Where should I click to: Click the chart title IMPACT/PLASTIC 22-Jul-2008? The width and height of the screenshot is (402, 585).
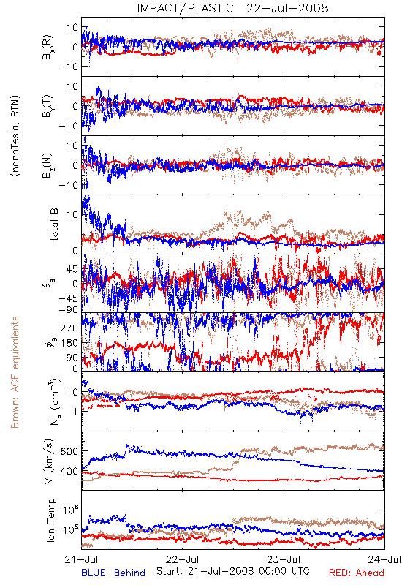(232, 8)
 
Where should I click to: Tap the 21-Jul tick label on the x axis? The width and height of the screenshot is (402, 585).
(82, 559)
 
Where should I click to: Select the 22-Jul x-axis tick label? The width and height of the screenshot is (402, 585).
(182, 559)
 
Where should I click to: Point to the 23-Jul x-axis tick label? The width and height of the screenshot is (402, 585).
(284, 559)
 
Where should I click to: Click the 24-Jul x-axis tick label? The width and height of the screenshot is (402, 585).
(385, 559)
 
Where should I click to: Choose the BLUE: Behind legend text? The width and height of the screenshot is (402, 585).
(113, 573)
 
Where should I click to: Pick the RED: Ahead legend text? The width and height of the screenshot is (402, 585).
(357, 573)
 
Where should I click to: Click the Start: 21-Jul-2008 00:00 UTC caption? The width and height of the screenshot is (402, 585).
(233, 571)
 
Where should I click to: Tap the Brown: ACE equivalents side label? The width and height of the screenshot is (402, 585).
(15, 372)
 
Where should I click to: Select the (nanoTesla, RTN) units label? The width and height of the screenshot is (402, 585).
(15, 136)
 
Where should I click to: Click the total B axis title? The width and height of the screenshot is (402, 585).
(54, 224)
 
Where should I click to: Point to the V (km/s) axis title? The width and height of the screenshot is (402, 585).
(49, 461)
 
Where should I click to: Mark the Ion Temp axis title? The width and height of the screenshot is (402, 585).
(50, 520)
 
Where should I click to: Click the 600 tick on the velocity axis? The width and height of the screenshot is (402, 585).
(69, 451)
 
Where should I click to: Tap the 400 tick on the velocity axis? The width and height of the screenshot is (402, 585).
(69, 471)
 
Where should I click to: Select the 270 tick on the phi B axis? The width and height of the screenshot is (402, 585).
(69, 328)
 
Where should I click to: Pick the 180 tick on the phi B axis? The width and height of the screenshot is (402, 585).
(69, 343)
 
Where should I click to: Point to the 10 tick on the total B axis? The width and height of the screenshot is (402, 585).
(72, 215)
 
